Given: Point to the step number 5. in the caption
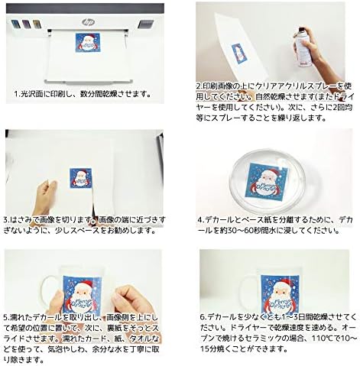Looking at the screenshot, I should pyautogui.click(x=8, y=316).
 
